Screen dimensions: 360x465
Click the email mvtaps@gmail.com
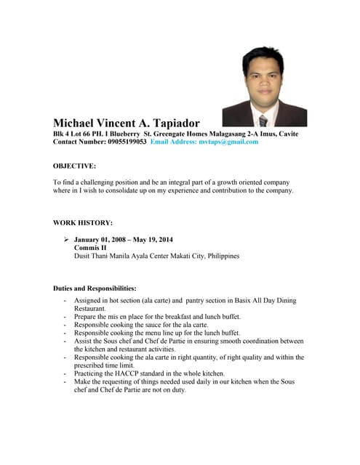pos(226,142)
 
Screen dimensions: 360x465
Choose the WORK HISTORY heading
pos(82,222)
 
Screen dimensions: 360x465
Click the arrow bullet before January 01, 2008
pos(66,240)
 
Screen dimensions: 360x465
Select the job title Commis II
pos(90,248)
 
